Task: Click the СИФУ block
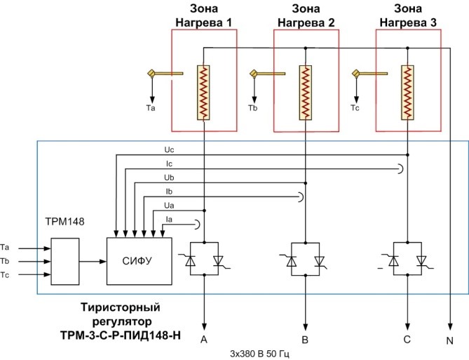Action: point(140,261)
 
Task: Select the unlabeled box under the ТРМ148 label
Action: point(65,262)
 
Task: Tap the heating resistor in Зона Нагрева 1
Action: point(203,93)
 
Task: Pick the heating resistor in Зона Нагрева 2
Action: point(306,93)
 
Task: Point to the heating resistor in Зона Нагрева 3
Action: point(407,93)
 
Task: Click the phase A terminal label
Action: point(204,340)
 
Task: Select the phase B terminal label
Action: point(305,340)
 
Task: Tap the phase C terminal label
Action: point(407,340)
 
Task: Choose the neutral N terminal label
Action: point(450,341)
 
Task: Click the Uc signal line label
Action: point(169,149)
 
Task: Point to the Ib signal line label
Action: point(169,192)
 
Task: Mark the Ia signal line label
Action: point(169,220)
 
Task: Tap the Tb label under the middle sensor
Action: point(253,108)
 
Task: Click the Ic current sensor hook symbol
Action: point(401,169)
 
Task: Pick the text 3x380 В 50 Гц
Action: point(259,354)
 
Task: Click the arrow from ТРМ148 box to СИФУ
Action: point(93,262)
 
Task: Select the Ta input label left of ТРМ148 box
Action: point(5,248)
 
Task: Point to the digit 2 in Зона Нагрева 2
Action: point(331,22)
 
